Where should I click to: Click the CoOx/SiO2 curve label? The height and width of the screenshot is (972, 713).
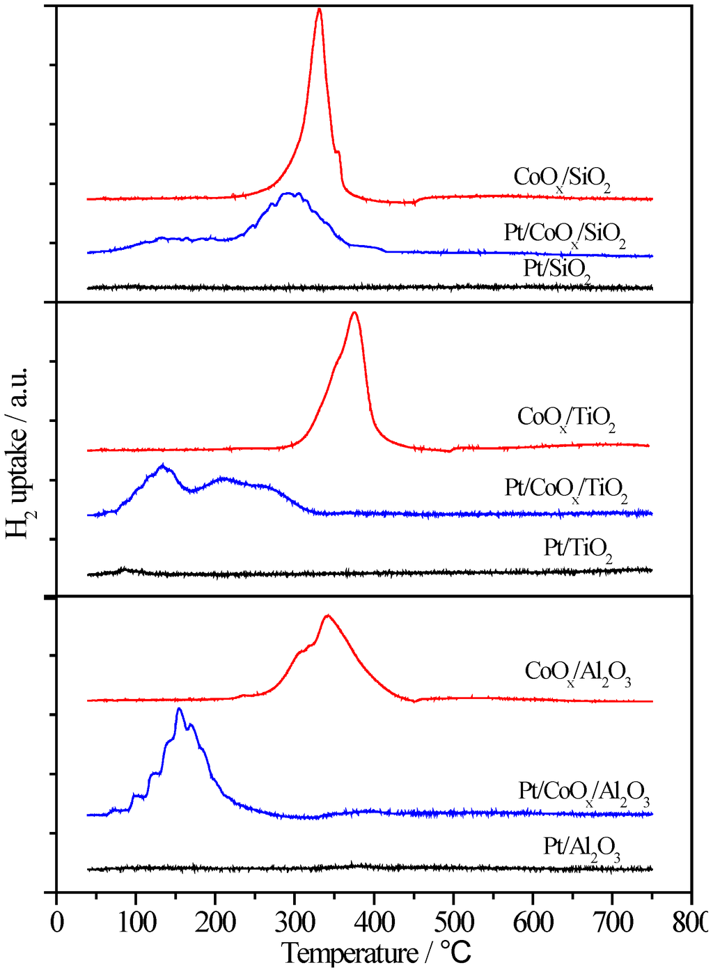click(x=562, y=178)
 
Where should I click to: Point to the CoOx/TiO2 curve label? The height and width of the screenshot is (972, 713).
click(x=566, y=418)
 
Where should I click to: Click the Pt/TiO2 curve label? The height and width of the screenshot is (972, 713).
click(x=578, y=549)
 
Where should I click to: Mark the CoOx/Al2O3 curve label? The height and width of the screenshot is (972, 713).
click(x=578, y=673)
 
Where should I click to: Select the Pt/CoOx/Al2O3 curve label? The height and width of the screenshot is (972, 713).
click(x=584, y=793)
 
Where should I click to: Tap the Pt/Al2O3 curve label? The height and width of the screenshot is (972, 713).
click(x=581, y=848)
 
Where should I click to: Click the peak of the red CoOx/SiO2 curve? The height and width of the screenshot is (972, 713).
click(x=319, y=9)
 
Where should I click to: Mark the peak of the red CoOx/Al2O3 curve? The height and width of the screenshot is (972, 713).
click(x=328, y=616)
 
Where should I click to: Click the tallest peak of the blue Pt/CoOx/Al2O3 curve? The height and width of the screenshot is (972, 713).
click(x=179, y=709)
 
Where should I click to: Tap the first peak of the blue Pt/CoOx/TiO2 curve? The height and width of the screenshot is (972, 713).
click(x=163, y=466)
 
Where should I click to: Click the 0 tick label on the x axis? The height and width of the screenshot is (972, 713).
click(x=56, y=923)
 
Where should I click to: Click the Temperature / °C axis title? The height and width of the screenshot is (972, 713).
click(x=377, y=953)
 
